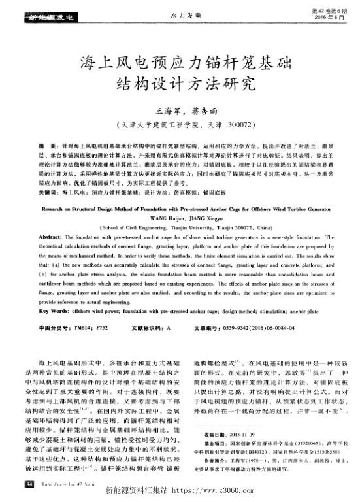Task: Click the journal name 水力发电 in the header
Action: coord(180,14)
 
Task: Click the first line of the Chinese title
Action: coord(180,63)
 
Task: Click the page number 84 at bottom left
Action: coord(28,483)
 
